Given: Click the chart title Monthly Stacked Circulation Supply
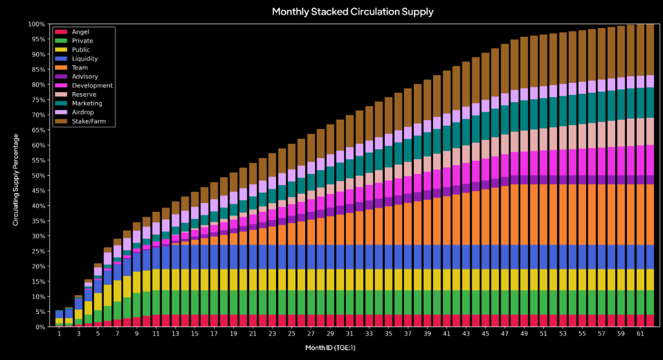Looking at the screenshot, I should (352, 11).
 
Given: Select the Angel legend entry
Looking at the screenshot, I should (80, 32).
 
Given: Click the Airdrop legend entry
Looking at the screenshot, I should (83, 112).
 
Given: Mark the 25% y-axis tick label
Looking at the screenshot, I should (40, 251).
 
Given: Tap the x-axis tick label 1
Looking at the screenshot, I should (59, 334).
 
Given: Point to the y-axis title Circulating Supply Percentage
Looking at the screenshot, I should (16, 179).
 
